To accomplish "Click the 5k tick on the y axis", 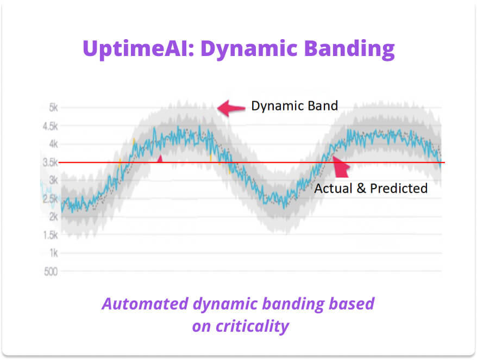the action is click(54, 108).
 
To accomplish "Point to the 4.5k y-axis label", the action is click(50, 126).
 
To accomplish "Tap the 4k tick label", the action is click(54, 144).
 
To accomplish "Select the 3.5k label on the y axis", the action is click(50, 163).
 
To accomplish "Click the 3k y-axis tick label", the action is click(54, 181).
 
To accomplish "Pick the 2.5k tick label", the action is click(50, 199).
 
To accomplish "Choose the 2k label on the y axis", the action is click(54, 216).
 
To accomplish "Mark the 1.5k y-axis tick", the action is click(50, 235).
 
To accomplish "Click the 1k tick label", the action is click(54, 253).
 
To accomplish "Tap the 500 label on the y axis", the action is click(51, 271).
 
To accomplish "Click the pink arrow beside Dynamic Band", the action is click(231, 108).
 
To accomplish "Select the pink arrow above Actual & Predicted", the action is click(341, 166).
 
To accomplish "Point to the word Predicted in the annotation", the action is click(399, 188).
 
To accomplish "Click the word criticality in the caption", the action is click(253, 326).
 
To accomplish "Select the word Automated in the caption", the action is click(146, 303).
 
